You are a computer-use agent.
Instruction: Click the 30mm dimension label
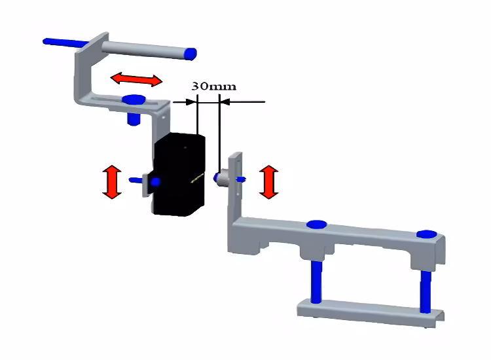coord(213,86)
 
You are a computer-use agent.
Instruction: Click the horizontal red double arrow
coord(136,79)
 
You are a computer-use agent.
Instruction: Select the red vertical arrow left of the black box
coord(111,182)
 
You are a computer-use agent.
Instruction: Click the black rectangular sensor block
coord(178,173)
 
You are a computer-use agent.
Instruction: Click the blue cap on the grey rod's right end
coord(191,53)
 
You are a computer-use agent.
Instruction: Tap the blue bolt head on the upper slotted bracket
coord(134,99)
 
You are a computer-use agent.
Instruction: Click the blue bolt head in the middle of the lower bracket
coord(317,225)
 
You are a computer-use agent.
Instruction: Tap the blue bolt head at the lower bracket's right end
coord(427,234)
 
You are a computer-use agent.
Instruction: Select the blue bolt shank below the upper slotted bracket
coord(134,119)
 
